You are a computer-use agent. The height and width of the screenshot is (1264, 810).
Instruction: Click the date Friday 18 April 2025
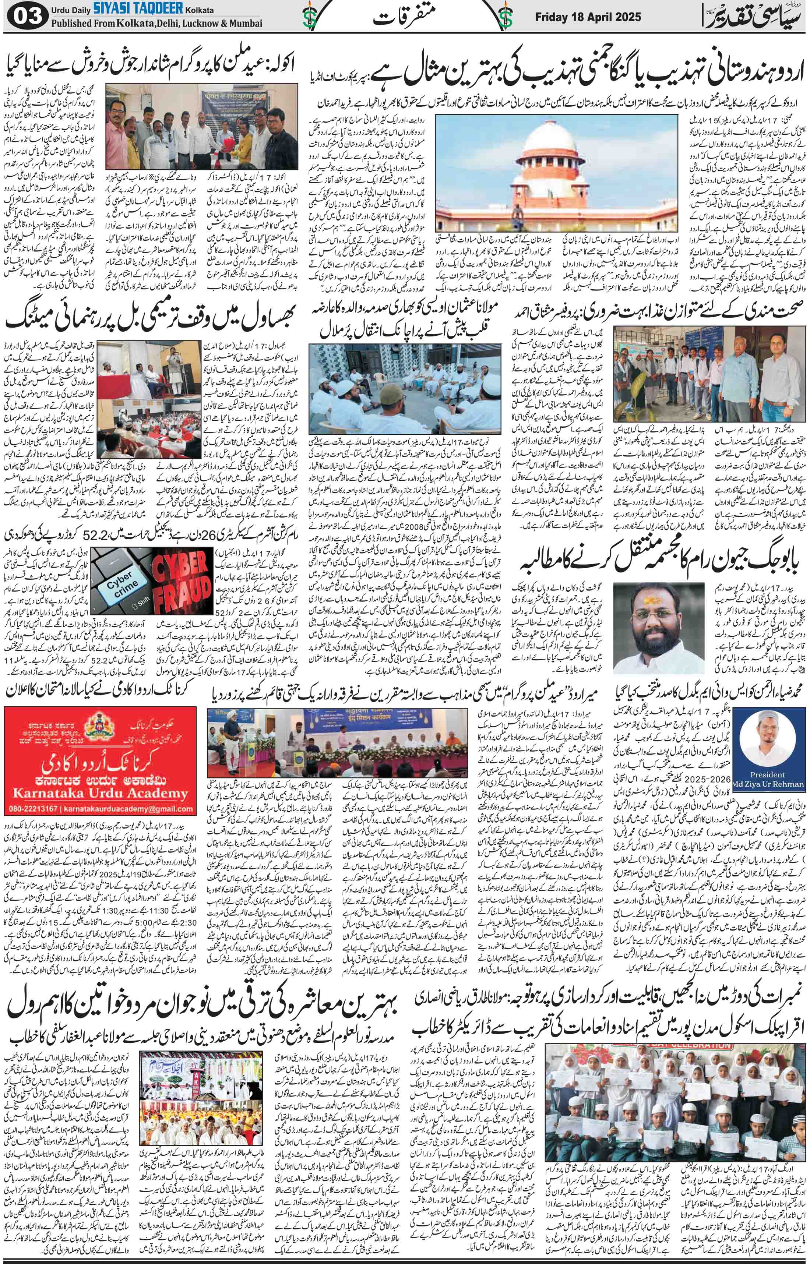pyautogui.click(x=588, y=17)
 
